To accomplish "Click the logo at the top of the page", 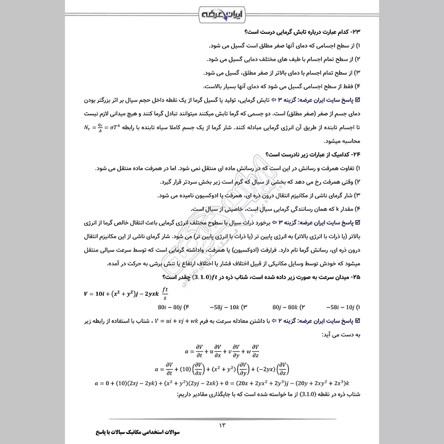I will [x=221, y=13].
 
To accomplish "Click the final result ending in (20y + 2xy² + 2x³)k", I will [x=325, y=384].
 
